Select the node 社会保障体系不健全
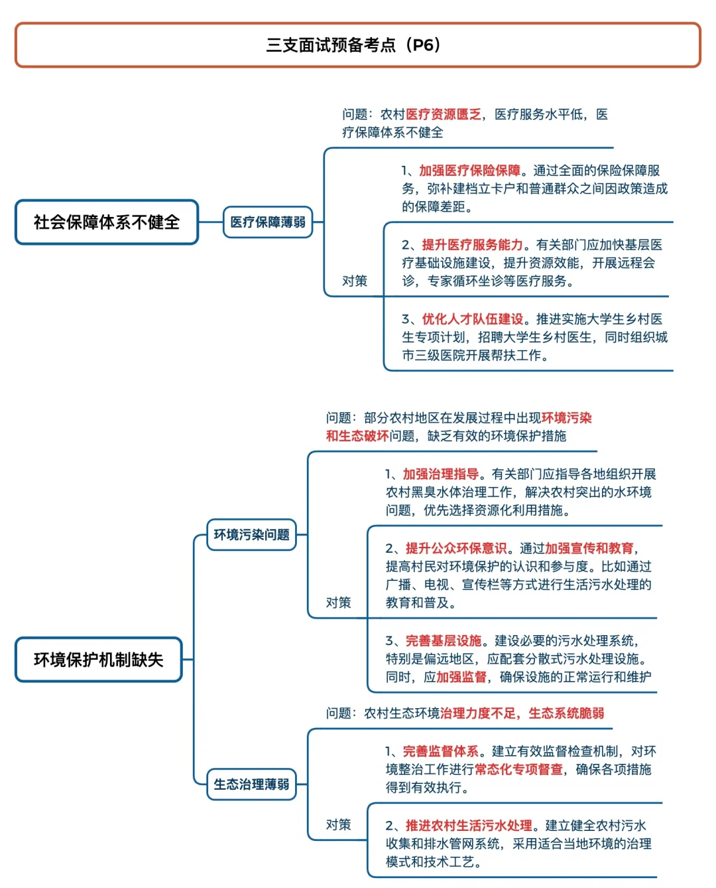click(107, 222)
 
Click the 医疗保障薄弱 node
click(268, 222)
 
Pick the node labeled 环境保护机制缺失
click(98, 660)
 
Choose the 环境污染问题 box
click(251, 535)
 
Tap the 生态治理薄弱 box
click(251, 784)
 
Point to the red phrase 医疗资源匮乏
click(444, 114)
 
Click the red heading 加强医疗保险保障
click(470, 171)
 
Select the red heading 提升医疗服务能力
click(473, 245)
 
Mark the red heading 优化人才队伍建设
click(473, 319)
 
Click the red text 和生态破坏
click(357, 436)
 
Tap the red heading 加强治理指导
click(441, 474)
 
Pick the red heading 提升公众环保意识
click(456, 548)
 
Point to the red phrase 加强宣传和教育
click(589, 548)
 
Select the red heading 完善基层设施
click(444, 640)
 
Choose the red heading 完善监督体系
click(441, 751)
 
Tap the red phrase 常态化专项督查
click(519, 769)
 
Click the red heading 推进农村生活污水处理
click(469, 826)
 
